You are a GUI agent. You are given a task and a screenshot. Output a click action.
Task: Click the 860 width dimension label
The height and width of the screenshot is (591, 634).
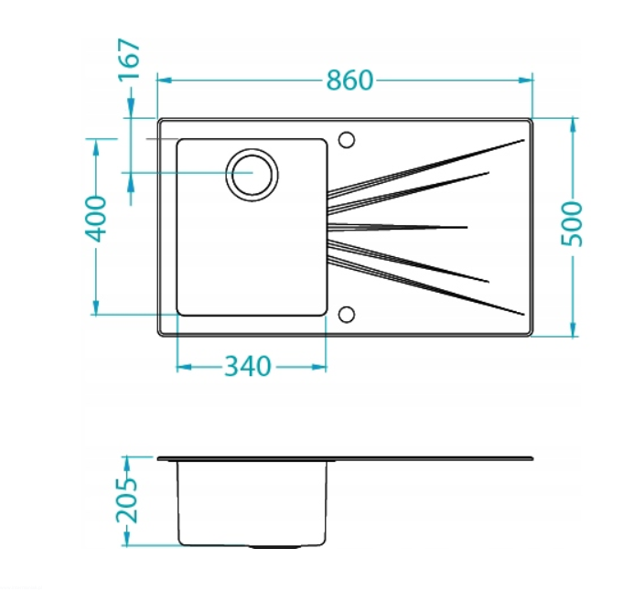[x=349, y=80]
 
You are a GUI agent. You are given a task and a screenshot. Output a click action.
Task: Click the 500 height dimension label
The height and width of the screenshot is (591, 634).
[x=572, y=223]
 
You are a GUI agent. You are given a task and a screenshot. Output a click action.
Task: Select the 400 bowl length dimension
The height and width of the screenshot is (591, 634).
[x=96, y=219]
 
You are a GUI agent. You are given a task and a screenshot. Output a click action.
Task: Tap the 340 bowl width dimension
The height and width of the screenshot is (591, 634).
[x=247, y=366]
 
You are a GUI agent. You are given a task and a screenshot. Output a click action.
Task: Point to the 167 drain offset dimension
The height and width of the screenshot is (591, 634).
[x=129, y=59]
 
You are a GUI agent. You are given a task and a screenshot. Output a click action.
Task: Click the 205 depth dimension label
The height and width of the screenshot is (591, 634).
[x=127, y=500]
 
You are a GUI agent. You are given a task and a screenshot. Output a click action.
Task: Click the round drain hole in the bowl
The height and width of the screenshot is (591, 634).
[x=252, y=175]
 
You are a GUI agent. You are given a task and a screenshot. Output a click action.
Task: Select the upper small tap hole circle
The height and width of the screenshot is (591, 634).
[x=347, y=140]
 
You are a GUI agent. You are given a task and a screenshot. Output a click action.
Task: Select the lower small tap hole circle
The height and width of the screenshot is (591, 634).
[x=347, y=315]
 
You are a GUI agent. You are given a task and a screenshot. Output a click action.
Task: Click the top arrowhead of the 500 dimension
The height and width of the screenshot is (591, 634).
[x=573, y=124]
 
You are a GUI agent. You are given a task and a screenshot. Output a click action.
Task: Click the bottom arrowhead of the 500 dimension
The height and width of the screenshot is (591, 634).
[x=573, y=329]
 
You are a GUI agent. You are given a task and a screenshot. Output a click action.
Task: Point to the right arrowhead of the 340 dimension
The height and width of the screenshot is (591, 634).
[x=318, y=367]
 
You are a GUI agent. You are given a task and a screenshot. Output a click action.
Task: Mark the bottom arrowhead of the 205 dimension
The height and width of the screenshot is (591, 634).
[x=127, y=539]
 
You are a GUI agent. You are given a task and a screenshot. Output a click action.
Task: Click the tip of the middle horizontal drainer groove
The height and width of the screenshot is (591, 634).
[x=467, y=227]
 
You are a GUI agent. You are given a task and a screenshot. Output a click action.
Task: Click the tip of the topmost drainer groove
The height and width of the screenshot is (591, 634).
[x=524, y=140]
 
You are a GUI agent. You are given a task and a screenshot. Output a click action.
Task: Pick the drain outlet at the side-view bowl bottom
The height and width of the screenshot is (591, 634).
[x=274, y=546]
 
